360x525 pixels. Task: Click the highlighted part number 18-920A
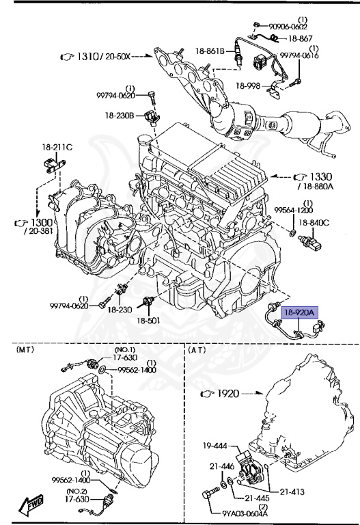[x=299, y=312]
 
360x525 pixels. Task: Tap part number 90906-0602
[x=294, y=27]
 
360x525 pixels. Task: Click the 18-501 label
[x=148, y=319]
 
